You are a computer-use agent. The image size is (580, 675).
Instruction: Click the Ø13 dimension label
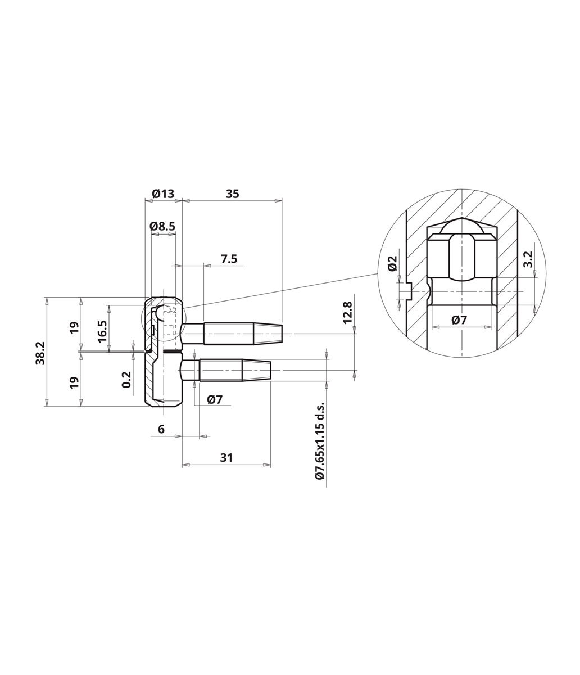[x=163, y=194]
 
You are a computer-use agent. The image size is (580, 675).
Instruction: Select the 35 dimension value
[x=233, y=194]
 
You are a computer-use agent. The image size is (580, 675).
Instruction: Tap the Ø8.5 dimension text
[x=162, y=226]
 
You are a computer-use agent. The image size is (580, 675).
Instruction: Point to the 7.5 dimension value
[x=229, y=259]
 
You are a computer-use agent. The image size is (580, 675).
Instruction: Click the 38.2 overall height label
[x=40, y=353]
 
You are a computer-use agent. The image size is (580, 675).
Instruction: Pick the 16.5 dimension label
[x=102, y=331]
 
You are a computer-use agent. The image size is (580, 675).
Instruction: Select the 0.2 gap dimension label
[x=126, y=380]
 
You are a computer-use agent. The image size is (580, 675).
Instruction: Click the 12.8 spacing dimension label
[x=348, y=313]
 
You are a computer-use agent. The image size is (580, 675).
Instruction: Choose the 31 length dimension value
[x=226, y=458]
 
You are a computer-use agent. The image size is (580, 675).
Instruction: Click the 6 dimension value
[x=161, y=429]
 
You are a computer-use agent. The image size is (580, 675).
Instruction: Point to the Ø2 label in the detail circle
[x=393, y=263]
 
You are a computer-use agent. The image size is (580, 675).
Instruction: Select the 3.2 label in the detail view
[x=528, y=259]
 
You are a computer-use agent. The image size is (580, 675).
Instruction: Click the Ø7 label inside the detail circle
[x=459, y=321]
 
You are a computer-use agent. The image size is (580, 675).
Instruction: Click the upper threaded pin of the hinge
[x=232, y=334]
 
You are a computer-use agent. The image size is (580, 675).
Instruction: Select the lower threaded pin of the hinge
[x=225, y=370]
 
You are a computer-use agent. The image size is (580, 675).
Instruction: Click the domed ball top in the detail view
[x=461, y=226]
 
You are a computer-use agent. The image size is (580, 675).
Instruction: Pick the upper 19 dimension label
[x=75, y=327]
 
